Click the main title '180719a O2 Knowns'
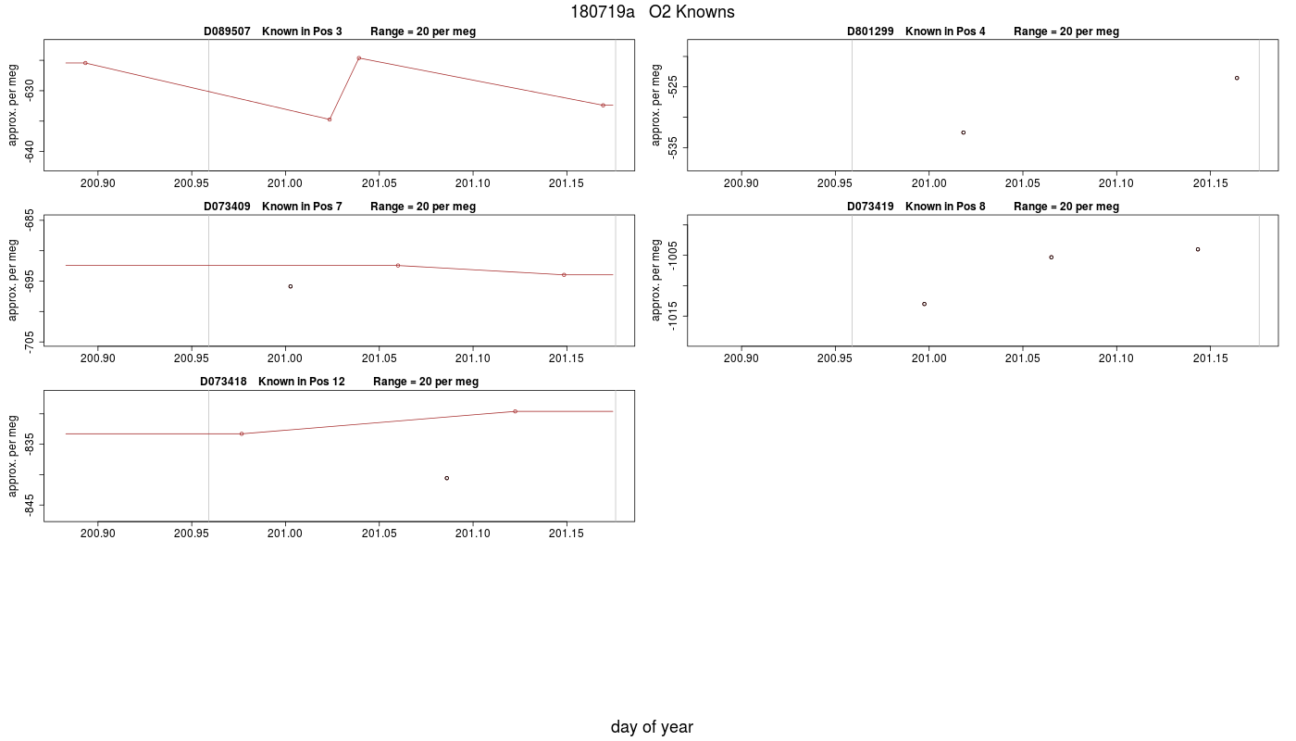click(652, 12)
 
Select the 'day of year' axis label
click(652, 727)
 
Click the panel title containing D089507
click(340, 31)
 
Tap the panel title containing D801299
click(983, 31)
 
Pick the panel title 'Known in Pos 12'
click(302, 382)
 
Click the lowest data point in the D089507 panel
click(330, 119)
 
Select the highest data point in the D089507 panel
click(359, 57)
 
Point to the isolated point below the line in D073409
click(291, 286)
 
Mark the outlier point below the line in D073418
click(446, 478)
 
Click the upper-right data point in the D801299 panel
click(1237, 78)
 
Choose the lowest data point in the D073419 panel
click(924, 304)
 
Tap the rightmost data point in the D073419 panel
click(1198, 249)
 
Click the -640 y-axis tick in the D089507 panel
click(29, 152)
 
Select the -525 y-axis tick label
click(672, 86)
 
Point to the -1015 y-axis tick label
click(672, 316)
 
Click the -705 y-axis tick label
click(29, 342)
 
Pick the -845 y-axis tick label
click(29, 505)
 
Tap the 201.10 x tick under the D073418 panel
click(473, 534)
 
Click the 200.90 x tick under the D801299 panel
click(741, 183)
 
